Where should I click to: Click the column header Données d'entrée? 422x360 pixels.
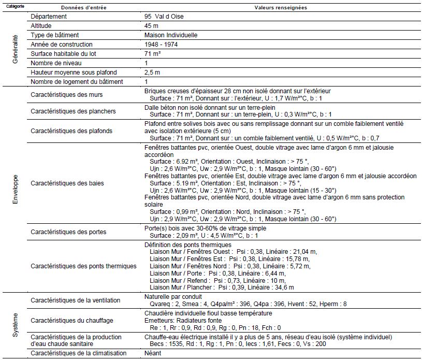(83, 8)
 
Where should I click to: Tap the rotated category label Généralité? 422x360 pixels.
(15, 49)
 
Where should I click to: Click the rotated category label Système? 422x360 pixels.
(15, 324)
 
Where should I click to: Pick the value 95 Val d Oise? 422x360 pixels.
(164, 16)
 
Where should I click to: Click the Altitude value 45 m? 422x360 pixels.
(152, 25)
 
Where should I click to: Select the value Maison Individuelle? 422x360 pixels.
(171, 35)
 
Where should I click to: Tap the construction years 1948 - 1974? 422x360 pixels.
(162, 44)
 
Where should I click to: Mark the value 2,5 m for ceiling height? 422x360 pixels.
(152, 72)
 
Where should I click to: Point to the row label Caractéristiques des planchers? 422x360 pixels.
(73, 111)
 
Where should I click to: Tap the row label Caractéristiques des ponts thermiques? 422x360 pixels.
(83, 266)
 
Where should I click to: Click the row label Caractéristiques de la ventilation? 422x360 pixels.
(75, 300)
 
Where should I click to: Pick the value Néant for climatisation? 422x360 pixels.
(153, 353)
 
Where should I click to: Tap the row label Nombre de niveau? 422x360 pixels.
(56, 63)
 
